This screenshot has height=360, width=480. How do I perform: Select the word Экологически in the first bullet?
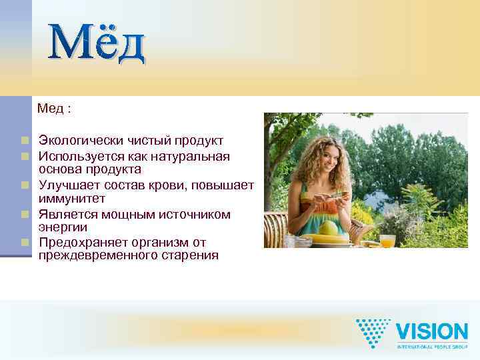pyautogui.click(x=74, y=141)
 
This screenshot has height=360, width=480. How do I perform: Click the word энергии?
pyautogui.click(x=63, y=227)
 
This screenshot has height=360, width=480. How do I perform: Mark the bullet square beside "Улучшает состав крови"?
pyautogui.click(x=25, y=185)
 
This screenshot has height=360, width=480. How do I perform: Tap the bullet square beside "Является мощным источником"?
pyautogui.click(x=25, y=214)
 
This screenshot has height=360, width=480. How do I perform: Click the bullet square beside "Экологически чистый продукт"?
pyautogui.click(x=25, y=141)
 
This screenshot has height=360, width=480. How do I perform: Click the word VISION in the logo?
pyautogui.click(x=432, y=331)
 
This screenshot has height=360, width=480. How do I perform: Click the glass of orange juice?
pyautogui.click(x=387, y=239)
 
